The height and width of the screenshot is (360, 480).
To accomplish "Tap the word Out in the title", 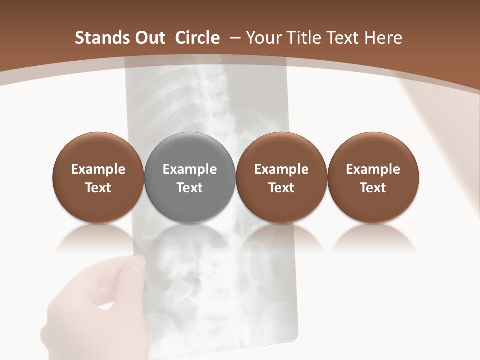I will (148, 38).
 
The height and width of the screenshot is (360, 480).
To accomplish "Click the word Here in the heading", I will (384, 38).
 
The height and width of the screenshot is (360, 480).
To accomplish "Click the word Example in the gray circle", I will (190, 169).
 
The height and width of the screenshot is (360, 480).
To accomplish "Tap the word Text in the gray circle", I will (190, 188).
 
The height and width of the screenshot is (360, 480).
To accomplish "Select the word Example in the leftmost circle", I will (98, 169).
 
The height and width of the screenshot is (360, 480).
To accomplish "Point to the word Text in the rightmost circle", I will (373, 188).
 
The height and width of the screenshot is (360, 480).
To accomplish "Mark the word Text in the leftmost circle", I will (98, 188).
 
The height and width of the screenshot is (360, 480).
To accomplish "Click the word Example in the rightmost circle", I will (373, 169).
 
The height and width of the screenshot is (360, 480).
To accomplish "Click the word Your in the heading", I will (264, 38).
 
